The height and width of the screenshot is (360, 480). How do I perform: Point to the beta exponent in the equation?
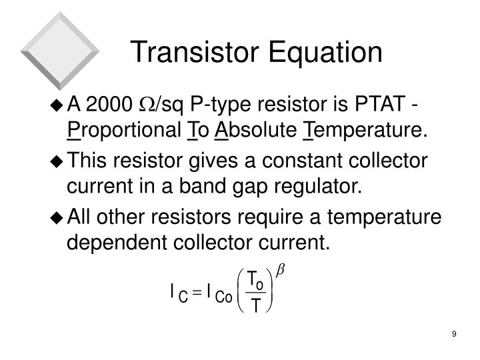[280, 271]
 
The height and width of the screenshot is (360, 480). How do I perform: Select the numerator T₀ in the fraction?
[254, 281]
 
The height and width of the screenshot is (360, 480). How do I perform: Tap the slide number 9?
[453, 333]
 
